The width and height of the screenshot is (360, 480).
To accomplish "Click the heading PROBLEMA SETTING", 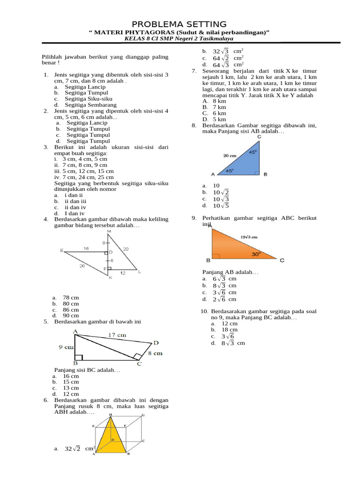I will point(180,24).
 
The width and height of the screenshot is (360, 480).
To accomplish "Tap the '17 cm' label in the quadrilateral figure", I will point(118,335).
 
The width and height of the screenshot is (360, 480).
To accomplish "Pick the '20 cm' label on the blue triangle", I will point(230,155).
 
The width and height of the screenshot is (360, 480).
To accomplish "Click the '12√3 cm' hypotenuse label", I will point(249,237).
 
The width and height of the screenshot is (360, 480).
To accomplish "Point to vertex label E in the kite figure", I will point(62,250).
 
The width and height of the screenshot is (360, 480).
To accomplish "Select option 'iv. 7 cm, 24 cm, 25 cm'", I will point(84,177).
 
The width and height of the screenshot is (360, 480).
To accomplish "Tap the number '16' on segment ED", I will point(86,248).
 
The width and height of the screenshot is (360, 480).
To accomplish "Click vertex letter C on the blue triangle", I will point(259,137).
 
